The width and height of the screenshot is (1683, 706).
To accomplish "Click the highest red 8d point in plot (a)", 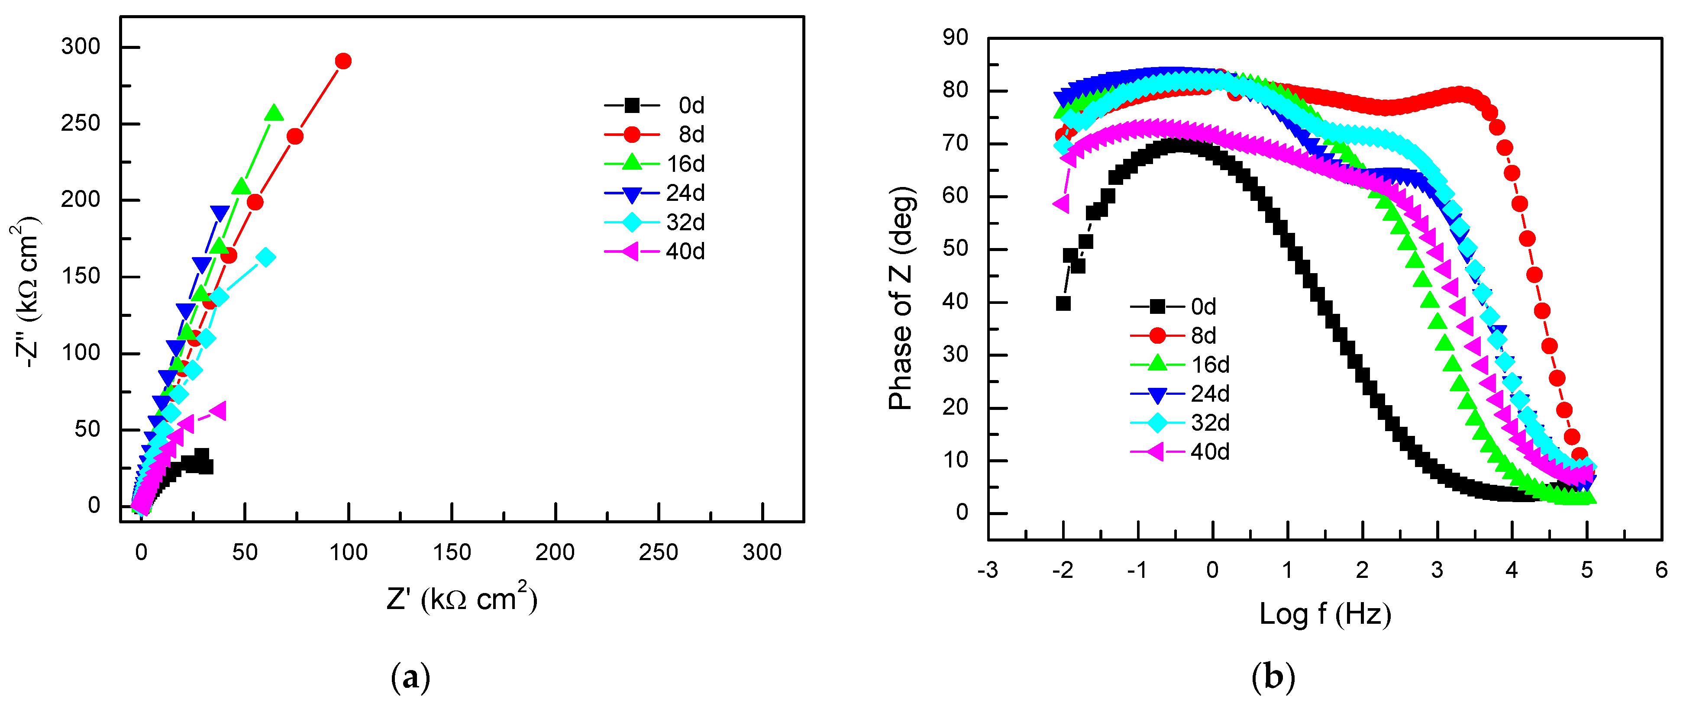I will (x=343, y=61).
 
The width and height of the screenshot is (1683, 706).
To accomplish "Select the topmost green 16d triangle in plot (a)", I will (x=275, y=113).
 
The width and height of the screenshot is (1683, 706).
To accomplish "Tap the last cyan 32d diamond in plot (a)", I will (x=265, y=257).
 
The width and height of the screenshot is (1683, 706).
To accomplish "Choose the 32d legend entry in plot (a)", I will (x=655, y=222).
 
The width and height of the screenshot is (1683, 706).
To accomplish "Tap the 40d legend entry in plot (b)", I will (x=1179, y=452).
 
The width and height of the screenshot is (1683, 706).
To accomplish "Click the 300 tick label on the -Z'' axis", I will (x=81, y=47).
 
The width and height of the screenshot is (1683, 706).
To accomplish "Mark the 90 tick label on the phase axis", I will (x=955, y=38).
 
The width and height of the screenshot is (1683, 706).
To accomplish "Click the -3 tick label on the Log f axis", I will (x=988, y=570).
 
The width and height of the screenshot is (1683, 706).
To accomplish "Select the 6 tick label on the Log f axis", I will (x=1661, y=570).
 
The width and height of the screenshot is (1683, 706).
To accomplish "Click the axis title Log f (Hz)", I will (x=1325, y=615).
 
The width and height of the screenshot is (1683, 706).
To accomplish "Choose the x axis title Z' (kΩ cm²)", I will (x=461, y=598).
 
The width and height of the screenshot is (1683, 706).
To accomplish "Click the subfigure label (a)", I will (x=410, y=678).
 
